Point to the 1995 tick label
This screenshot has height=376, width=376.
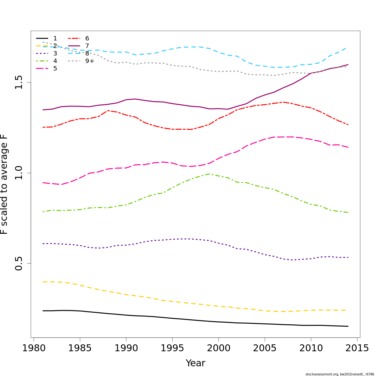click(172, 348)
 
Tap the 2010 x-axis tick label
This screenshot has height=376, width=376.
click(311, 348)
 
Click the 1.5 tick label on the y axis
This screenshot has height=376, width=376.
click(19, 82)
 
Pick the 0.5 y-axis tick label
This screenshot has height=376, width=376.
click(19, 264)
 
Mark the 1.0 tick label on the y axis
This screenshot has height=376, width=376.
click(19, 173)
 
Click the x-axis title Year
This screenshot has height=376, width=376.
click(196, 363)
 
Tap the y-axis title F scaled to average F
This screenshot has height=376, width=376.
click(4, 184)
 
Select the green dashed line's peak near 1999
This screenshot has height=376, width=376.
click(209, 174)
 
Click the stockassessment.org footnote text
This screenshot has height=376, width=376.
click(340, 374)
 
